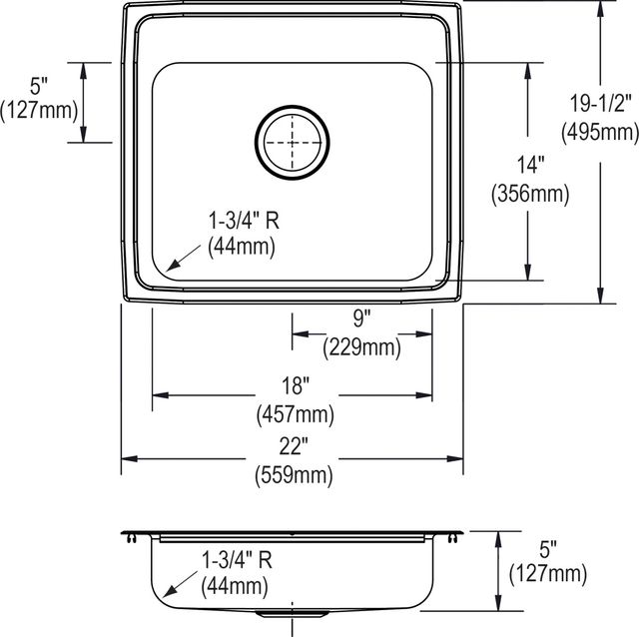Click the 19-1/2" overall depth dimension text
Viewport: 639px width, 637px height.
(x=600, y=103)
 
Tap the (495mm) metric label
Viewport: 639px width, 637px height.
(x=600, y=132)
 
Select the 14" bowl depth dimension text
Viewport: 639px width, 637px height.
(x=530, y=165)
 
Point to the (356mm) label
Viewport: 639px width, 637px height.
(x=530, y=194)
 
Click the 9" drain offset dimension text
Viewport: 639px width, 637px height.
(x=361, y=318)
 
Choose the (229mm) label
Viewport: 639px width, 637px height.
(x=361, y=347)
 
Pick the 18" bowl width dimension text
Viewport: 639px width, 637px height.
(x=296, y=385)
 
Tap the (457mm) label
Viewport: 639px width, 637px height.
(x=296, y=415)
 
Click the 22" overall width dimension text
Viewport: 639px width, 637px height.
(x=294, y=446)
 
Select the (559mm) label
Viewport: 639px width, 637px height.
(x=294, y=475)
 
